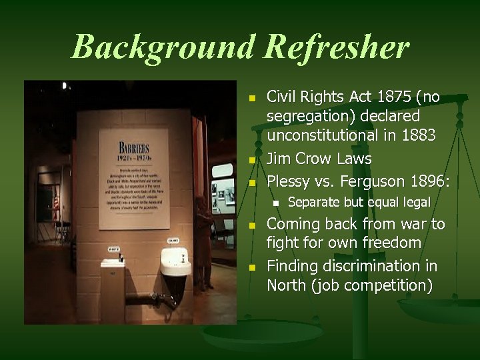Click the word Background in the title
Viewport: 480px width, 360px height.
click(x=163, y=47)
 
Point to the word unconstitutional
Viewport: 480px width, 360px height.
click(x=323, y=135)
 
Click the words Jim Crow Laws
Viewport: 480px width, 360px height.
click(x=319, y=159)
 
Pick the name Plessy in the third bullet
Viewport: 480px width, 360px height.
click(x=288, y=181)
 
